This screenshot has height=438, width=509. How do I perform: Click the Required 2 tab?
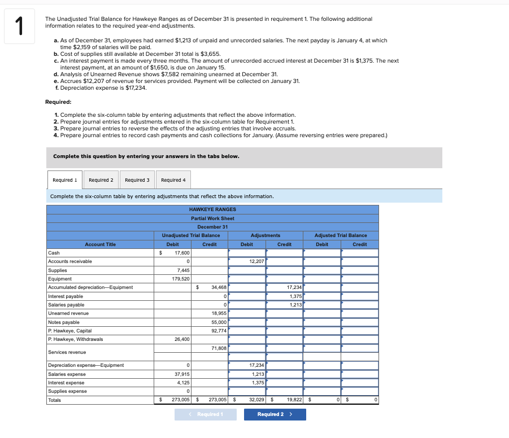[x=101, y=180]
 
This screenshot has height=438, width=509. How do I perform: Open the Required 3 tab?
[x=137, y=180]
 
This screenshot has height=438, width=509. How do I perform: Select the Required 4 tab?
[x=173, y=180]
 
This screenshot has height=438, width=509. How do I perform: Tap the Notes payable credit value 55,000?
[x=218, y=322]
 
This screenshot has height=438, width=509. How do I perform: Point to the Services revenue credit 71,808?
[x=218, y=348]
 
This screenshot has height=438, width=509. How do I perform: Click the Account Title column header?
[x=100, y=244]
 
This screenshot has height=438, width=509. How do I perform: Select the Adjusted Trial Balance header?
[x=341, y=235]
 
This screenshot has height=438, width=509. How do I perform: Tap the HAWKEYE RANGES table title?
[x=212, y=209]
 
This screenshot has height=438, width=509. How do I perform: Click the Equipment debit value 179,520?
[x=181, y=279]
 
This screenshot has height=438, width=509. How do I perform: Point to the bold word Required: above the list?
[x=58, y=102]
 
